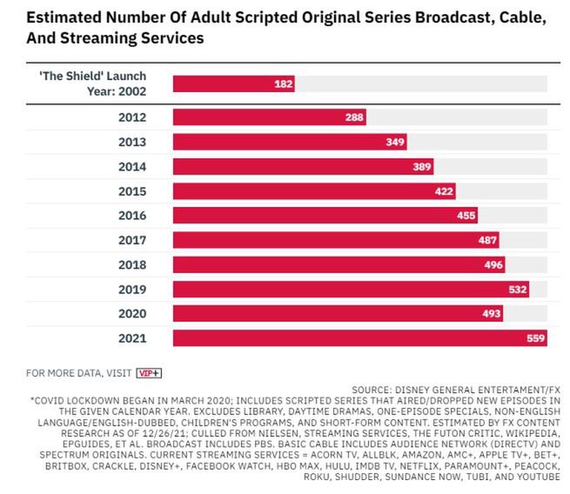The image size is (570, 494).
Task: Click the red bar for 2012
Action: pos(269,117)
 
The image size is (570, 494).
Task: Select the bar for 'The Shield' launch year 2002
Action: pos(233,83)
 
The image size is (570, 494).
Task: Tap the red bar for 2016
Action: pos(325,216)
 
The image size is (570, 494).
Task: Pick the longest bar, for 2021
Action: pos(359,337)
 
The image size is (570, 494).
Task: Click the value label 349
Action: pos(396,142)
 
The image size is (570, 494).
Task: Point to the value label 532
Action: pos(518,289)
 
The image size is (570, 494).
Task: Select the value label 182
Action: pos(284,83)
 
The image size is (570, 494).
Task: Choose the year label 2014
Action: pos(131,166)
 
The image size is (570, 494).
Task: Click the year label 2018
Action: pos(131,264)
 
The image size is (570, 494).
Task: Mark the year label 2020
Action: pos(131,313)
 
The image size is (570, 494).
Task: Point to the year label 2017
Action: pos(131,240)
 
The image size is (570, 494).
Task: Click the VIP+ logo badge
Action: pos(150,373)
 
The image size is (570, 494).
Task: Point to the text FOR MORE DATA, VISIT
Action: pos(78,373)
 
